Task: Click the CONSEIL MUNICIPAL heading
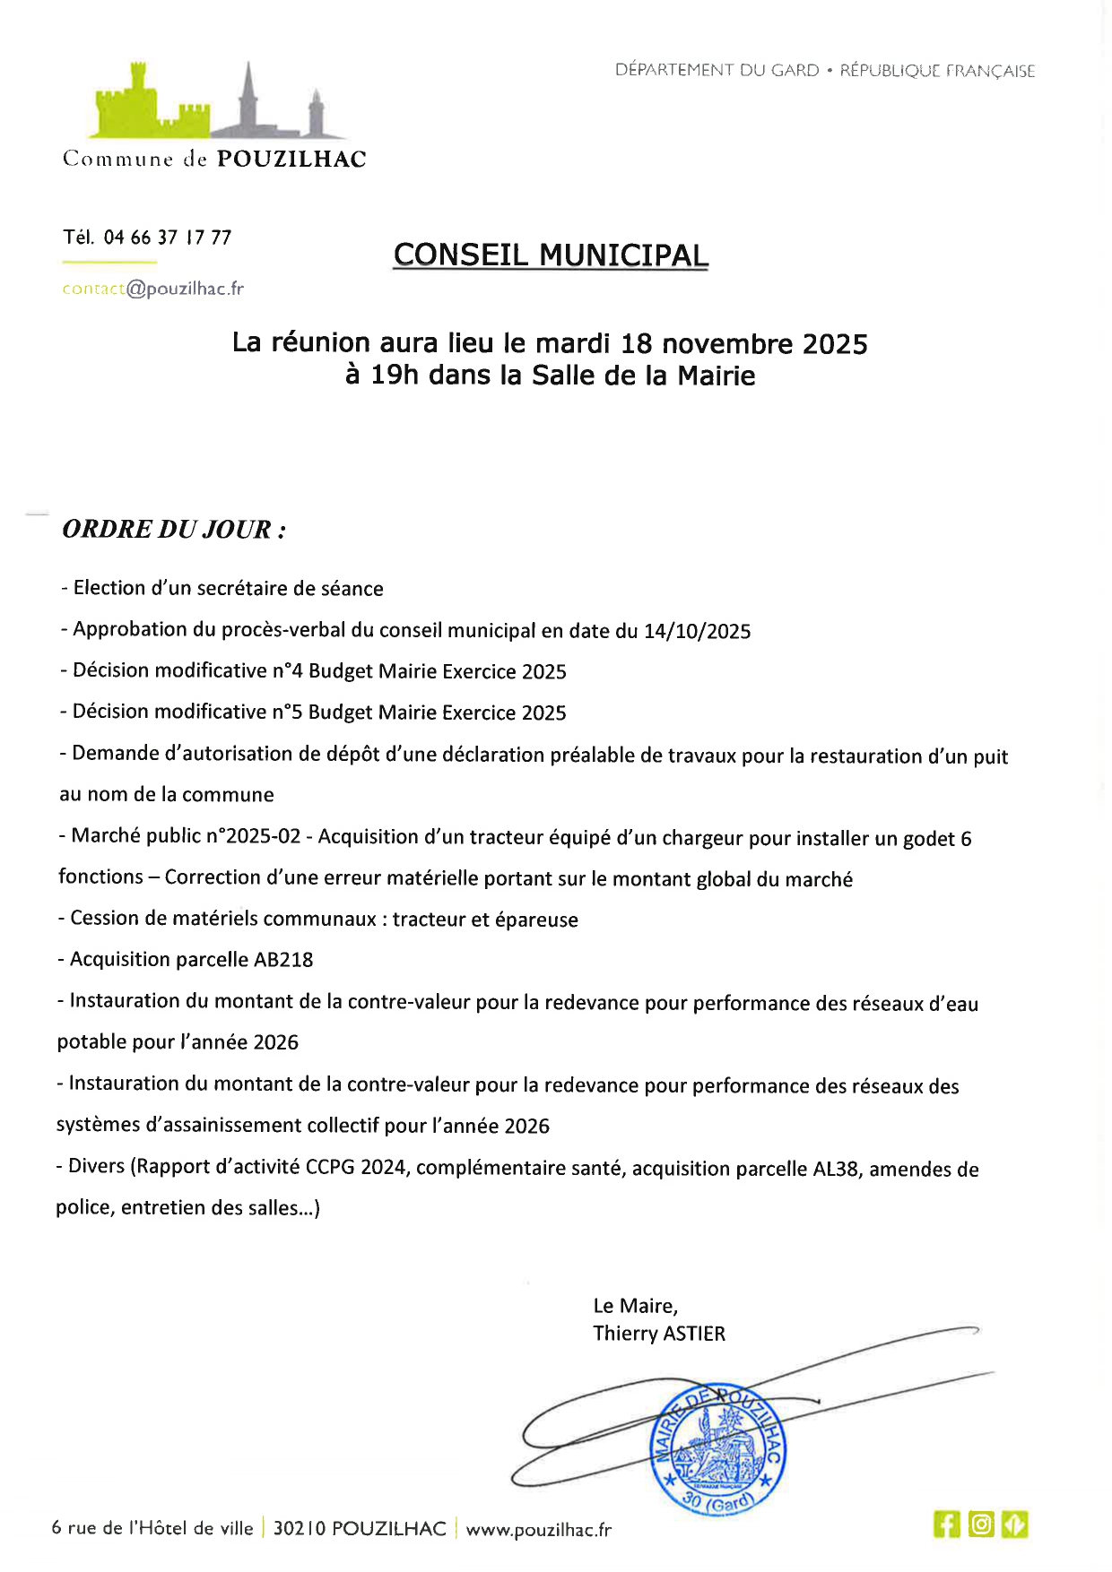[x=551, y=255]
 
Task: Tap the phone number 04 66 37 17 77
[x=168, y=238]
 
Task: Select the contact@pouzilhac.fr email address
[x=152, y=289]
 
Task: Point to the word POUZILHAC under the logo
[x=291, y=160]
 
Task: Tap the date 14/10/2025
[x=697, y=631]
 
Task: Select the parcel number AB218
[x=283, y=960]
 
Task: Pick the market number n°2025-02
[x=253, y=836]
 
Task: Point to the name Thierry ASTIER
[x=659, y=1334]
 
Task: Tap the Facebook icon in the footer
[x=946, y=1524]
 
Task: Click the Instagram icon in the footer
[x=981, y=1524]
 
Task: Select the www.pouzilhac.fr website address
[x=538, y=1530]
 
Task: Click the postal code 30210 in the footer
[x=300, y=1529]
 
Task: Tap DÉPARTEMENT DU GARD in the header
[x=717, y=70]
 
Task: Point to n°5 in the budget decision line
[x=286, y=713]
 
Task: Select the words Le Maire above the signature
[x=635, y=1306]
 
